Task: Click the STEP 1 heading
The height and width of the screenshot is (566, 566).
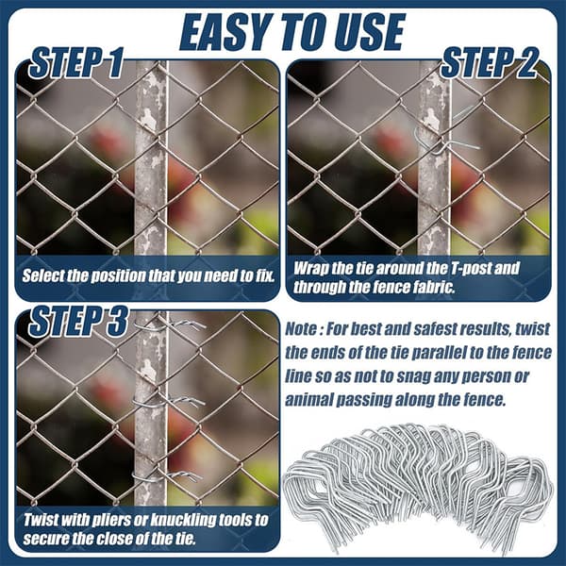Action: [76, 62]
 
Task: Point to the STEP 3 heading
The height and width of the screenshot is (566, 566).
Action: [78, 321]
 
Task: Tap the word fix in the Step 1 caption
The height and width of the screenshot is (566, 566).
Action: [264, 275]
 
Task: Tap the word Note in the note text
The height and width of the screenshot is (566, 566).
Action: [301, 329]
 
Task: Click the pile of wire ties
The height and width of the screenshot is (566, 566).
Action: [419, 488]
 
